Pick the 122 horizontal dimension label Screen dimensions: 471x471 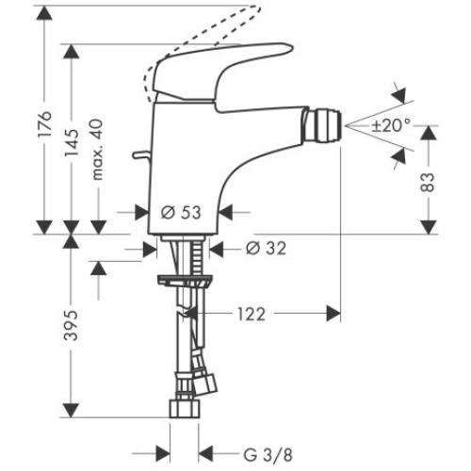pos(251,312)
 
